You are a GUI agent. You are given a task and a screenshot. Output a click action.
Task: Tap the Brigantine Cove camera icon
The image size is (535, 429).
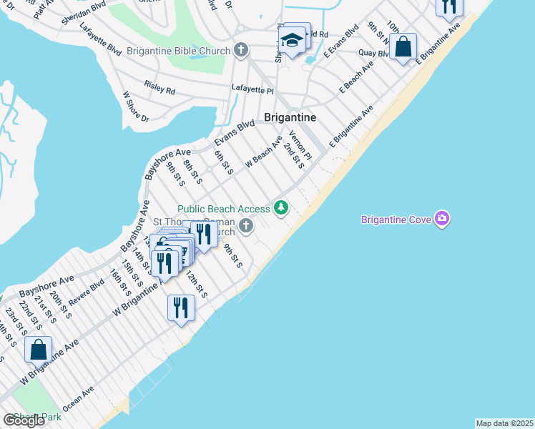[x=442, y=218]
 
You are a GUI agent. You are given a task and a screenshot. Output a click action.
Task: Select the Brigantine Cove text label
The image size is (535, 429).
[x=396, y=220]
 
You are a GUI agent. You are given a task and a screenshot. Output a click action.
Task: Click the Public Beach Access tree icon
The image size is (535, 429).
[x=282, y=208]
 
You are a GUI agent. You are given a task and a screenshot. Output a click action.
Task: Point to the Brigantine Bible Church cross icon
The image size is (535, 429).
[x=241, y=51]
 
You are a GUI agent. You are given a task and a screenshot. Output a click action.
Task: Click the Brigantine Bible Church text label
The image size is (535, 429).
[x=178, y=51]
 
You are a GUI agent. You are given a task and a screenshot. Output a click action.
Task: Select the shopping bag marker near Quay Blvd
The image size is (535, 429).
[x=403, y=47]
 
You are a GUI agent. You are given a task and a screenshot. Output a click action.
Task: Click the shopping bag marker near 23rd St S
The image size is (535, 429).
[x=39, y=350]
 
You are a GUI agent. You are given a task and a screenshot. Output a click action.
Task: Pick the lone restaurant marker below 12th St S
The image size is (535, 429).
[x=180, y=307]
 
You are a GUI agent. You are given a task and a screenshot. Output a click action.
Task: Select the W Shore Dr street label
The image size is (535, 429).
[x=135, y=107]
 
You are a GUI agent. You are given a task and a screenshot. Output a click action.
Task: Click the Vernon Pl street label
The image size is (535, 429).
[x=300, y=145]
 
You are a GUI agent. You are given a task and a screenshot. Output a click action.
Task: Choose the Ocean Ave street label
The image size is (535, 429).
[x=78, y=398]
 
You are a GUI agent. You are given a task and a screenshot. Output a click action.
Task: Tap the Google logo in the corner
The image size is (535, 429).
[x=24, y=420]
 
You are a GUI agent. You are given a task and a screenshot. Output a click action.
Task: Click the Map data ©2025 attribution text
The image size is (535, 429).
[x=504, y=423]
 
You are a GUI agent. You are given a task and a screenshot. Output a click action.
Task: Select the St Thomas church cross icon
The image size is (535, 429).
[x=246, y=227]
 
